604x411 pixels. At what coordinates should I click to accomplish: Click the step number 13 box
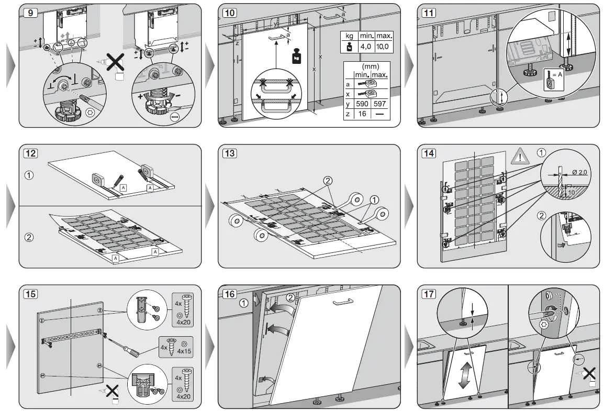click(229, 153)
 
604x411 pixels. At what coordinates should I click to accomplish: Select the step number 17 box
click(429, 294)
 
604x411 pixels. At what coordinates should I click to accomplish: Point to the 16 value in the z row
click(362, 114)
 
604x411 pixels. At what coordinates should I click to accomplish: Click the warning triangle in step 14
click(520, 155)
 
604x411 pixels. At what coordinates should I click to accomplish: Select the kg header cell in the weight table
click(348, 37)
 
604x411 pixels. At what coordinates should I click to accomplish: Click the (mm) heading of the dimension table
click(371, 67)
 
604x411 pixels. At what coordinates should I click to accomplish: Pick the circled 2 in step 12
click(30, 237)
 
